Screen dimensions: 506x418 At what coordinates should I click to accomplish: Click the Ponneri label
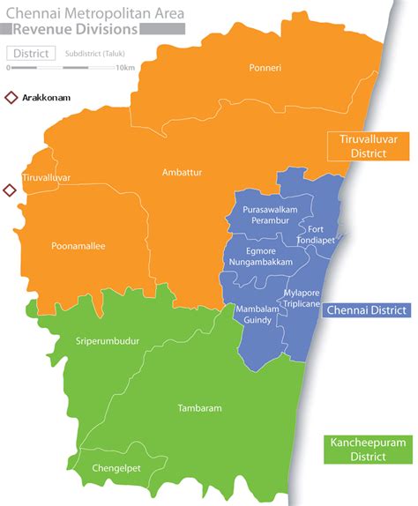265,68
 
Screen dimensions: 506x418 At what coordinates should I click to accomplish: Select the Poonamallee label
78,246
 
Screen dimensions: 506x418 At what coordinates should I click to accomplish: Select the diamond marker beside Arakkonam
11,98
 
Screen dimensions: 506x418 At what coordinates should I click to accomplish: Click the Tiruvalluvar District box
357,145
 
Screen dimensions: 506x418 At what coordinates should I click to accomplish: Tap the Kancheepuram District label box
357,449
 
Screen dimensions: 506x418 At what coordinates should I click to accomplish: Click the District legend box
30,53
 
